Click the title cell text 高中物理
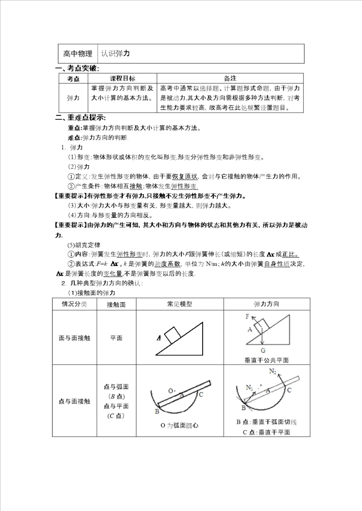(77, 54)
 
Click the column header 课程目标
(122, 79)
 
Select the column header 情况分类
(74, 304)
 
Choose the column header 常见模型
(179, 304)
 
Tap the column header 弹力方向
(266, 304)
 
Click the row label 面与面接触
(74, 338)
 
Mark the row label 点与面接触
(74, 401)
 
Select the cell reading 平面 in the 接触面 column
(116, 338)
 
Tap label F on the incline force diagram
(248, 316)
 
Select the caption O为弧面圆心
(179, 426)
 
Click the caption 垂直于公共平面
(266, 360)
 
